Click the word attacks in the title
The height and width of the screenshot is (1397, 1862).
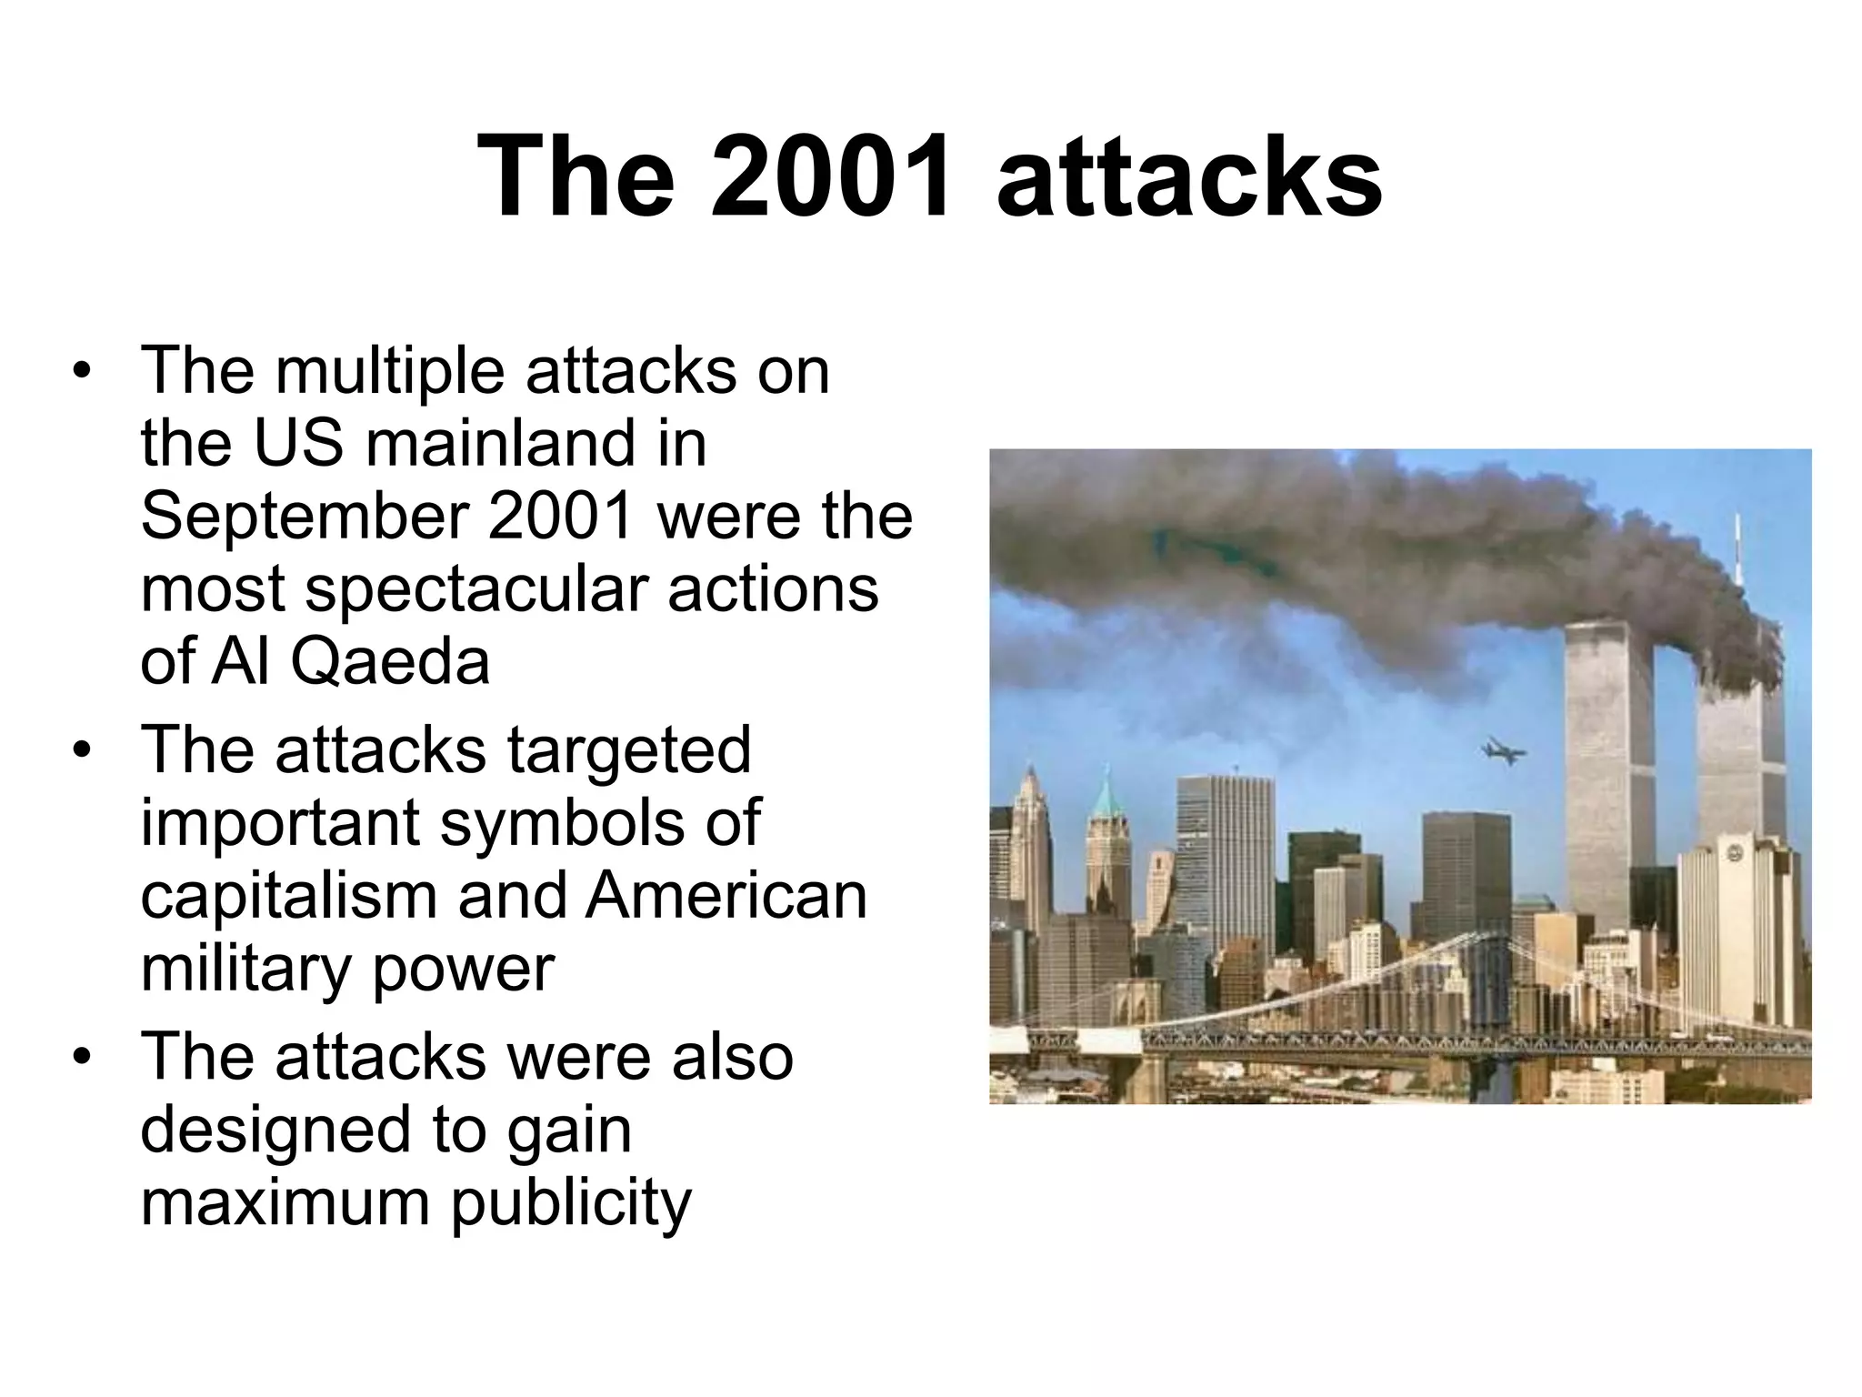click(1189, 177)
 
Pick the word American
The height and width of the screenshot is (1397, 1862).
click(726, 896)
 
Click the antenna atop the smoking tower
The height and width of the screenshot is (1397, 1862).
click(1737, 546)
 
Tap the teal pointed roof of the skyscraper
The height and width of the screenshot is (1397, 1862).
click(1106, 794)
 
